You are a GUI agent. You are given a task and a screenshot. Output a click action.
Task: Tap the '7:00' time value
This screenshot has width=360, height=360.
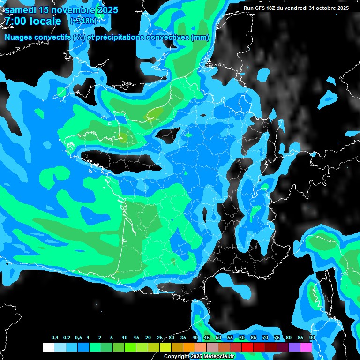click(17, 21)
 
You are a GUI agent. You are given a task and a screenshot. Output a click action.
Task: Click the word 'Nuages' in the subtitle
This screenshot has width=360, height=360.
click(18, 37)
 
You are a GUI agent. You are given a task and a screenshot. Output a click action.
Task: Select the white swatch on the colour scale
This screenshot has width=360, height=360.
click(48, 347)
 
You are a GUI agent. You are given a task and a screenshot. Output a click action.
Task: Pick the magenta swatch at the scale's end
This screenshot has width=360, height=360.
click(306, 347)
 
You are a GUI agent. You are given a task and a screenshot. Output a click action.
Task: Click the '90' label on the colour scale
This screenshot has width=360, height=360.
click(312, 338)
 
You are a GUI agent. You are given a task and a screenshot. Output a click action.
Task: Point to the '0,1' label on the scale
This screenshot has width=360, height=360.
click(55, 338)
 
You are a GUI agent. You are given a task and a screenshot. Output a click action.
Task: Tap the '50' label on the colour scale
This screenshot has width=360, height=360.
click(218, 338)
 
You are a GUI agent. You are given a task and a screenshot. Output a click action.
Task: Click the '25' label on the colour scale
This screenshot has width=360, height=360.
click(160, 338)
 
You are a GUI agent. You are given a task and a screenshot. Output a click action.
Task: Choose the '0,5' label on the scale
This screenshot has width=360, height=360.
click(78, 338)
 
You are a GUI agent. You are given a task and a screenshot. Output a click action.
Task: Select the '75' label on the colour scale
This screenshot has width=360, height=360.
click(277, 338)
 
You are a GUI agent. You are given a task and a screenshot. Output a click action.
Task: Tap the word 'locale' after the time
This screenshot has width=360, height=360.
click(45, 21)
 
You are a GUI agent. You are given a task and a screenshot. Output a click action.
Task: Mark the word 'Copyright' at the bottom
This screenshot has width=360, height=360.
click(176, 357)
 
